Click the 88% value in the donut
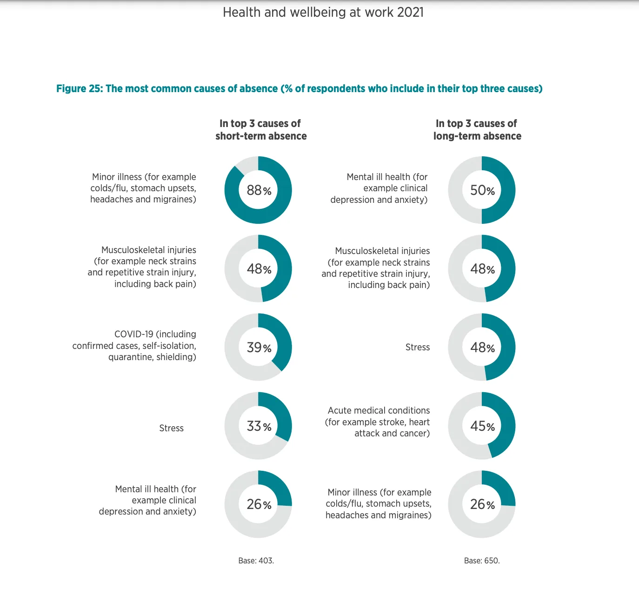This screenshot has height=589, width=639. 259,190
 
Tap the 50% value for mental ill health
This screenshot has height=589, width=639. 483,190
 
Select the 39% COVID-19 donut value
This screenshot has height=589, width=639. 259,348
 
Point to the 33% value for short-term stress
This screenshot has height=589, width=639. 259,426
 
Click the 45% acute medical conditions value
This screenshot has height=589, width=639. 483,426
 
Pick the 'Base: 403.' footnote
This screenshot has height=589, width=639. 256,561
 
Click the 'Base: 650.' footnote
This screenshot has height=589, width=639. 482,561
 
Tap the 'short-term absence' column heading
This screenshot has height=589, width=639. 261,136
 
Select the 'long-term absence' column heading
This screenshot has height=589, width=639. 477,136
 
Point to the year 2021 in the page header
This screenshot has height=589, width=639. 411,13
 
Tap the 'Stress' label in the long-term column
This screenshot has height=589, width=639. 418,347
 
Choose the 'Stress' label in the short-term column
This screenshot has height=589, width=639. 172,428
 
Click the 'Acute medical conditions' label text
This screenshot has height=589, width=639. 379,410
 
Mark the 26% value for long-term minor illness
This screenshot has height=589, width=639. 483,504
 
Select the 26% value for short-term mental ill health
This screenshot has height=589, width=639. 259,504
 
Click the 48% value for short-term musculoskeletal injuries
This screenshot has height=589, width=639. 259,269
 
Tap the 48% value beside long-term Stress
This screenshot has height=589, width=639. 483,348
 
